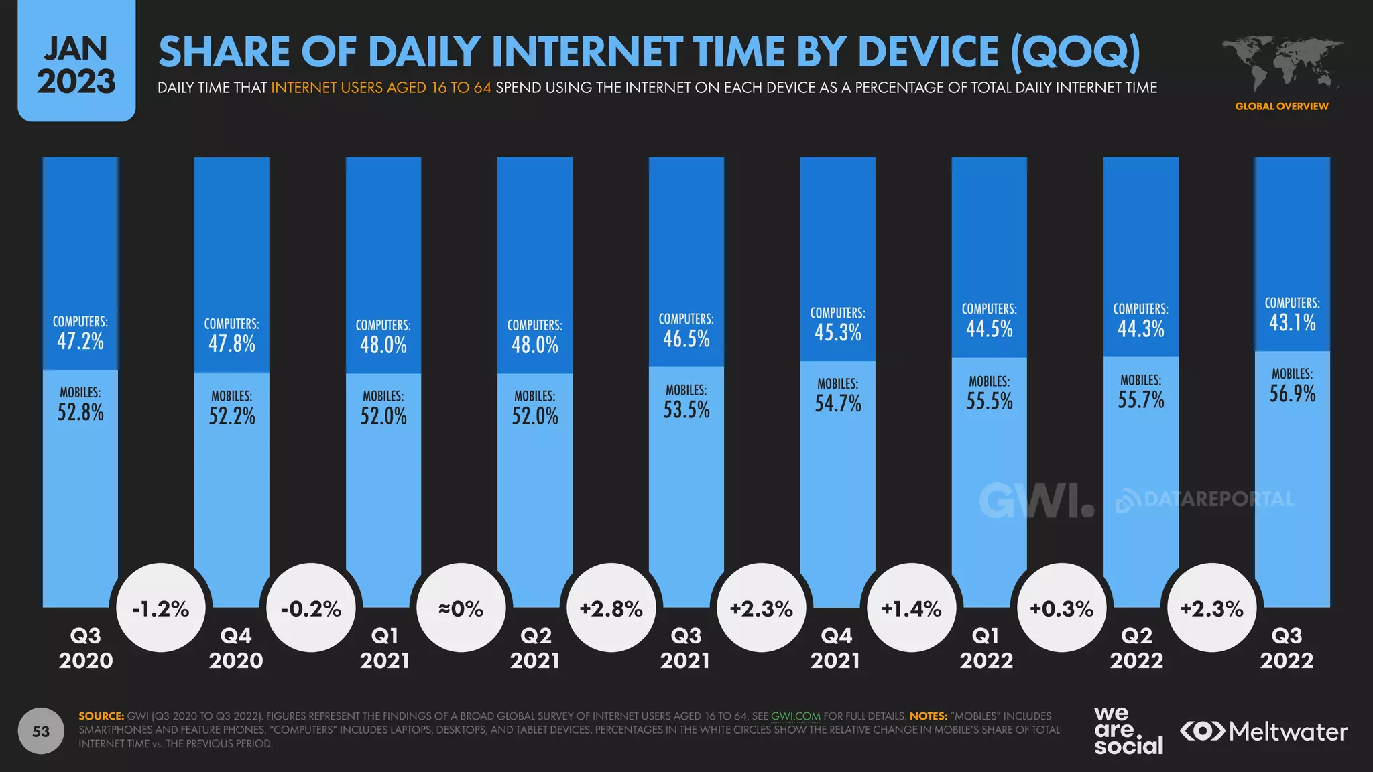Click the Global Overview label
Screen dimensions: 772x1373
pyautogui.click(x=1281, y=106)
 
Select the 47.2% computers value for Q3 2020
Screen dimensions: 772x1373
pyautogui.click(x=80, y=341)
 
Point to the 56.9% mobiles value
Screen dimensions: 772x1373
pyautogui.click(x=1292, y=393)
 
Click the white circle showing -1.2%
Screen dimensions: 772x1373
pyautogui.click(x=161, y=608)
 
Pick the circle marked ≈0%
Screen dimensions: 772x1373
pyautogui.click(x=461, y=608)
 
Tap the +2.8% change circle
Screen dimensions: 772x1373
pyautogui.click(x=611, y=608)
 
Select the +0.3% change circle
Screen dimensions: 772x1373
pyautogui.click(x=1061, y=608)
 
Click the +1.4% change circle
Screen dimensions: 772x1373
pyautogui.click(x=911, y=608)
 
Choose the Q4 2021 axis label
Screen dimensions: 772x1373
pyautogui.click(x=835, y=648)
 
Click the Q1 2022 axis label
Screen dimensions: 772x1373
pyautogui.click(x=986, y=648)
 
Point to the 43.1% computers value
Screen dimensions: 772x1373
pyautogui.click(x=1292, y=323)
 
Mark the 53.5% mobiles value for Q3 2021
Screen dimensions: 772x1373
pyautogui.click(x=686, y=409)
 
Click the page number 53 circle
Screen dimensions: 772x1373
pyautogui.click(x=41, y=731)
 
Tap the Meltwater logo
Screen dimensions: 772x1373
pyautogui.click(x=1264, y=731)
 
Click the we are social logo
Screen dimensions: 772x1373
pyautogui.click(x=1128, y=731)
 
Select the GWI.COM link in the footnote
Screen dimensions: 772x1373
pyautogui.click(x=796, y=716)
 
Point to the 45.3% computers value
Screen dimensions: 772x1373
pyautogui.click(x=837, y=332)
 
